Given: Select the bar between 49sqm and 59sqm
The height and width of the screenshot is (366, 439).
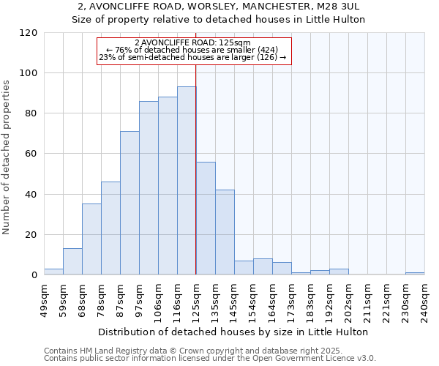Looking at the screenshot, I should pyautogui.click(x=53, y=272).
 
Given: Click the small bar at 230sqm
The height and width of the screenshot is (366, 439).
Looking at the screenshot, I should pyautogui.click(x=415, y=274).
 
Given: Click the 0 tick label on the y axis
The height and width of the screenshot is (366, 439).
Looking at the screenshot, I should pyautogui.click(x=34, y=275).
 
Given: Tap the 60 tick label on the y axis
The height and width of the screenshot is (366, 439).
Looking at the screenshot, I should pyautogui.click(x=31, y=154).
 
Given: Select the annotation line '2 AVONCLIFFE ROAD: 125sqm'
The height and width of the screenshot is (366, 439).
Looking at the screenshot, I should pyautogui.click(x=194, y=42).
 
